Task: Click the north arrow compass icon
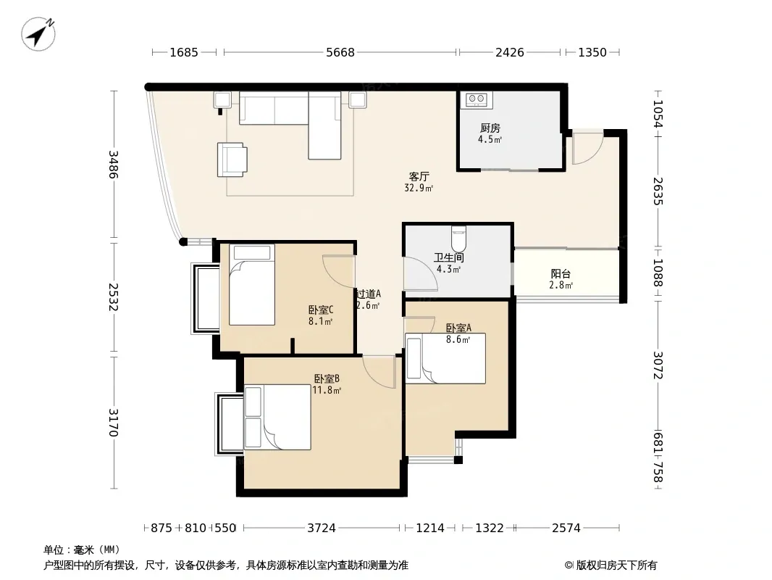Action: coord(38,33)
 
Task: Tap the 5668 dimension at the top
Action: coord(340,52)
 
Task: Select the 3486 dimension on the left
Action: coord(113,165)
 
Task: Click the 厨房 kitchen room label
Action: coord(490,128)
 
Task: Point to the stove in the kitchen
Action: coord(476,99)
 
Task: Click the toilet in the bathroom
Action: coord(458,238)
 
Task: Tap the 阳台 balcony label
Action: coord(561,274)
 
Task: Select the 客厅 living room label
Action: coord(419,176)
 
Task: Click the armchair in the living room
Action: coord(232,159)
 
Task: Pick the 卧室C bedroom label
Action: coord(321,310)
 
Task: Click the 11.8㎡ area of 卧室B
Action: coord(327,390)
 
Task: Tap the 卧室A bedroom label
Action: coord(458,328)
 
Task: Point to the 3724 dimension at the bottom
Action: coord(322,529)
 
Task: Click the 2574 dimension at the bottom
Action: coord(566,529)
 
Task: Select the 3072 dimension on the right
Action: coord(658,365)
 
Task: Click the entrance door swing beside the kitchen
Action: coord(587,148)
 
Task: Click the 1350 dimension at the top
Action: coord(592,52)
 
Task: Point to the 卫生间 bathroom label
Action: coord(448,257)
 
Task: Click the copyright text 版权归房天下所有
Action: coord(616,565)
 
